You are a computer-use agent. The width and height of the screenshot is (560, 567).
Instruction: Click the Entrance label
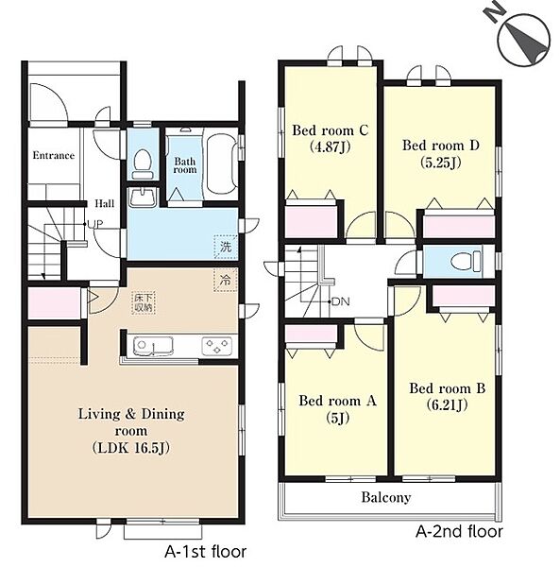pyautogui.click(x=54, y=156)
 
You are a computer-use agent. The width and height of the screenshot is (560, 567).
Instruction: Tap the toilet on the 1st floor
pyautogui.click(x=143, y=164)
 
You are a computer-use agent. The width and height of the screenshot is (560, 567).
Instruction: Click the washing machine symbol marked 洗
pyautogui.click(x=226, y=248)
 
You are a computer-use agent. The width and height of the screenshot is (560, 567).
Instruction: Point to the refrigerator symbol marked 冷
pyautogui.click(x=226, y=280)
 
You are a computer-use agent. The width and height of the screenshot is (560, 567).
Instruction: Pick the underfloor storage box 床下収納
pyautogui.click(x=144, y=303)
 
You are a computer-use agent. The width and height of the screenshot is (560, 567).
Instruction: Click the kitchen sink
pyautogui.click(x=153, y=346)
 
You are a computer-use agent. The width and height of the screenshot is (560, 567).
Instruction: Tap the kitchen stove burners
pyautogui.click(x=217, y=346)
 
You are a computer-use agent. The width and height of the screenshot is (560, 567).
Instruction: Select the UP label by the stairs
pyautogui.click(x=95, y=224)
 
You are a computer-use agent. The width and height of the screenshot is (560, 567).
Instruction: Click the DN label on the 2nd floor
pyautogui.click(x=340, y=301)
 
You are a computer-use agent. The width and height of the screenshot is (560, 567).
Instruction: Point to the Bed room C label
pyautogui.click(x=331, y=130)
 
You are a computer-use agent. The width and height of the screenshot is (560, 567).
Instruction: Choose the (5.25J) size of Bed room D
pyautogui.click(x=441, y=163)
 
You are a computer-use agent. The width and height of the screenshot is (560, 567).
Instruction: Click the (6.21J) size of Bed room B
pyautogui.click(x=447, y=404)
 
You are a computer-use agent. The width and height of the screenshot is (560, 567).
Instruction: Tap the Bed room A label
pyautogui.click(x=338, y=401)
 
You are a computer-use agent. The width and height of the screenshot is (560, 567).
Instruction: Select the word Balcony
pyautogui.click(x=386, y=498)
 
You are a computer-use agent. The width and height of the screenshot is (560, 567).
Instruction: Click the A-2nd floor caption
pyautogui.click(x=459, y=531)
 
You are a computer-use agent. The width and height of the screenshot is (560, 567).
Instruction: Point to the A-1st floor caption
pyautogui.click(x=206, y=552)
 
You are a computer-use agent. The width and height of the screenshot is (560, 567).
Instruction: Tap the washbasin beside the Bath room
pyautogui.click(x=143, y=198)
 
